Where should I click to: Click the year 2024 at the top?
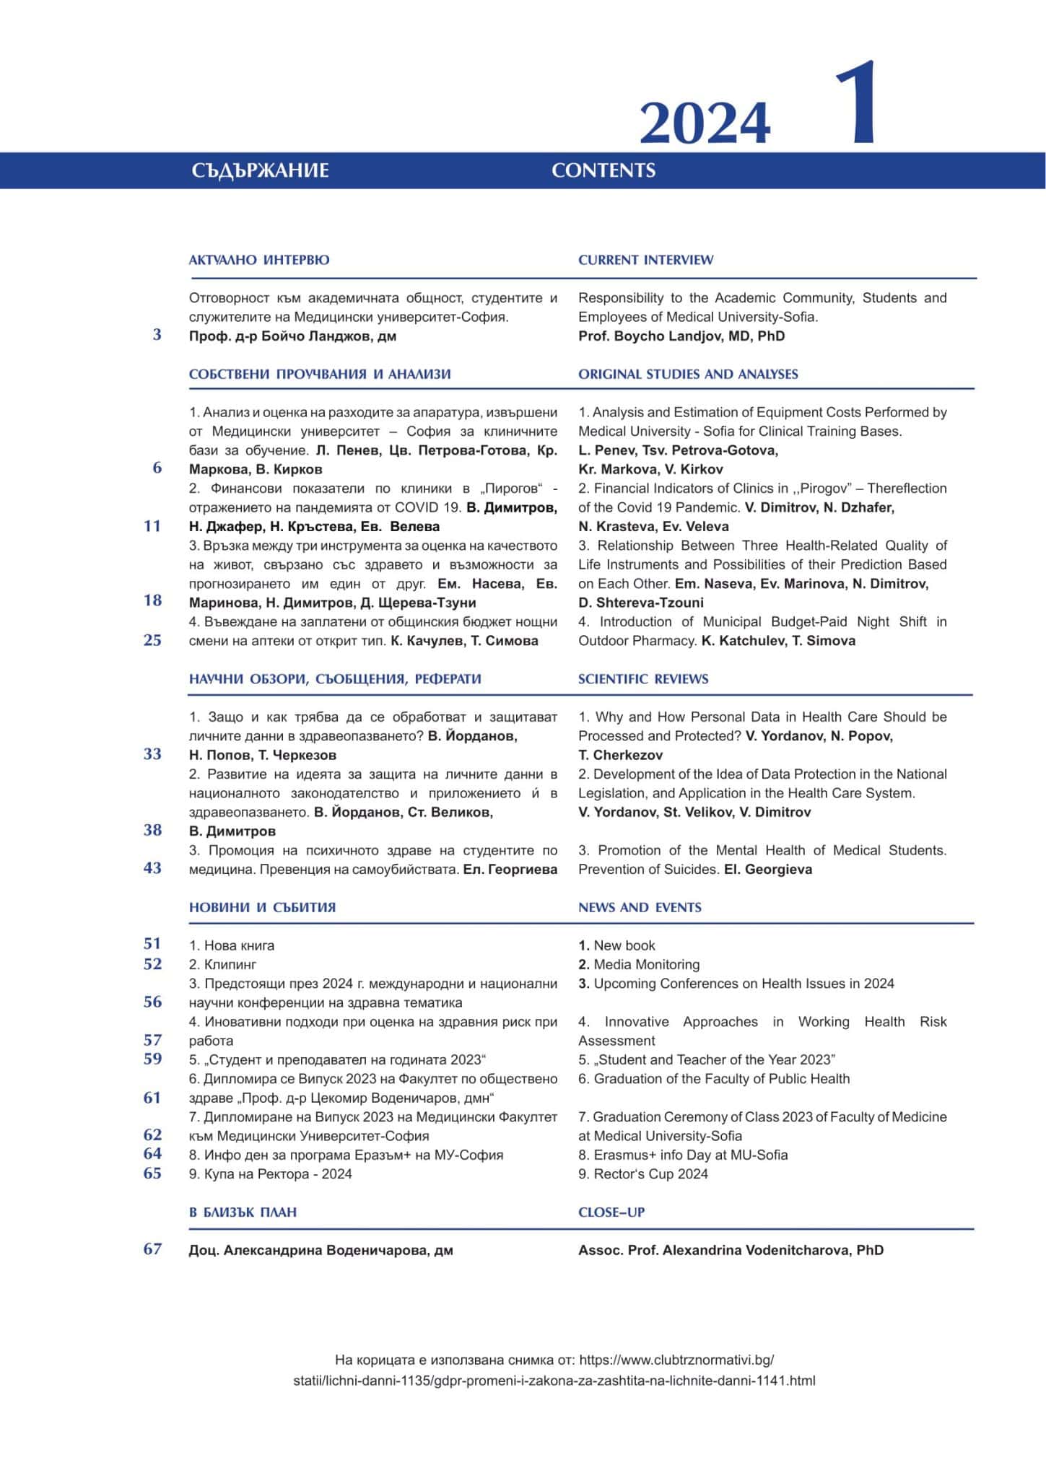point(705,123)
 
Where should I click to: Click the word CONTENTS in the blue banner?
point(603,171)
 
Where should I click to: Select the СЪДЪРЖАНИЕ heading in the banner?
point(260,171)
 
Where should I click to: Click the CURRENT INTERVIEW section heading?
point(645,260)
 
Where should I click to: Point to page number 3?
point(157,335)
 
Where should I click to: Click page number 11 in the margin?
point(152,526)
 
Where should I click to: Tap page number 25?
point(152,640)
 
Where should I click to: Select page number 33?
point(152,754)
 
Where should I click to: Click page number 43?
point(152,868)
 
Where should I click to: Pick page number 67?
point(152,1249)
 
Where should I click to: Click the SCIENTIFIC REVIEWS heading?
point(643,679)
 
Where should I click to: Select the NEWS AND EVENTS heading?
point(640,908)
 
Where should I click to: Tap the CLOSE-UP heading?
point(611,1212)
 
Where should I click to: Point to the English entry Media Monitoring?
point(645,965)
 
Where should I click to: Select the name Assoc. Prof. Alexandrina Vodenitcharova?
point(731,1251)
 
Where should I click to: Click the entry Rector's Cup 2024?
point(650,1174)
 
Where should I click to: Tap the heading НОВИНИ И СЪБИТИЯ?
point(262,908)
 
